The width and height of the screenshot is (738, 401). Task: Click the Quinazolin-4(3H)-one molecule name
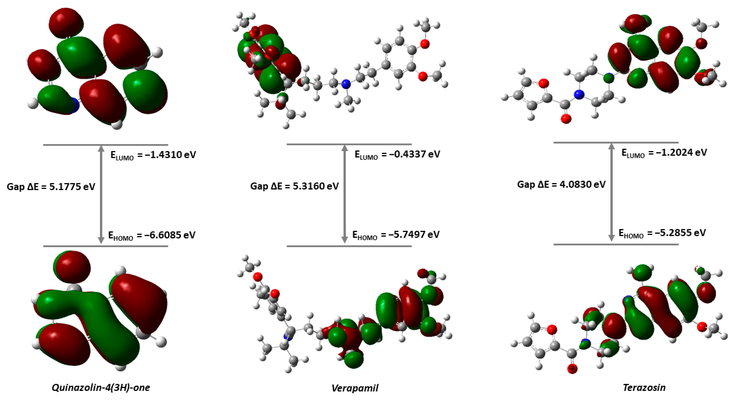point(101,388)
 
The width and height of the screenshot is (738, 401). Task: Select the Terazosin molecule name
point(644,388)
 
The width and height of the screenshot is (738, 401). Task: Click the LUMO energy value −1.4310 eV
point(153,155)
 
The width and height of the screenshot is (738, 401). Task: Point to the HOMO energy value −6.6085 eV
point(152,235)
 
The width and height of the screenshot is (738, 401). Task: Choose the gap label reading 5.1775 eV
point(51,187)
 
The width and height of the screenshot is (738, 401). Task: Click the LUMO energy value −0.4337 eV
point(397,154)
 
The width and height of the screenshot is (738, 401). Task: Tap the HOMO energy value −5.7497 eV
point(396,235)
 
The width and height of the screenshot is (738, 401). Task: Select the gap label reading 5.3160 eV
point(295,186)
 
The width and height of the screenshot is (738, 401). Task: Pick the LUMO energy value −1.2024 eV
point(664,152)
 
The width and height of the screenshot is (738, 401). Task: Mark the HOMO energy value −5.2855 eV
point(662,233)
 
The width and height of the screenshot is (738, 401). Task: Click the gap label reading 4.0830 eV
point(562,184)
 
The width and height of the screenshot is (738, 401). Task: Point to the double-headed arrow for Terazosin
point(611,192)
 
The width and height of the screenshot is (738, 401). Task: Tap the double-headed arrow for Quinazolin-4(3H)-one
point(101,195)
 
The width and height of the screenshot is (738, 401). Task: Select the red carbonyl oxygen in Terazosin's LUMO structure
point(566,118)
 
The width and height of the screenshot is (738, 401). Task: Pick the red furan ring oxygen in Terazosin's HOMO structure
point(552,330)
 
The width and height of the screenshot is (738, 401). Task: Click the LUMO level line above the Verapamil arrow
point(349,144)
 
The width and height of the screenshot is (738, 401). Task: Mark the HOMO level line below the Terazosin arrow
point(616,244)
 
